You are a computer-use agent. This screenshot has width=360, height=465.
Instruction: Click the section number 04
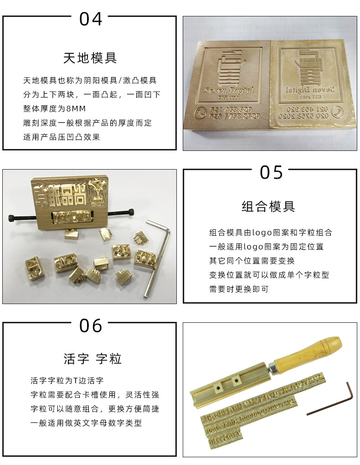[x=91, y=19]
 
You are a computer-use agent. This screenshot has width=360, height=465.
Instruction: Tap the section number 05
[x=272, y=172]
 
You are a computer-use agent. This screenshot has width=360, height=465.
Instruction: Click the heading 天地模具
[x=90, y=58]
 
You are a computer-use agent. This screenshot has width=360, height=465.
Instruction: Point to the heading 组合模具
[x=268, y=207]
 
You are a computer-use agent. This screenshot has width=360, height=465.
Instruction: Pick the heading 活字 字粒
[x=93, y=359]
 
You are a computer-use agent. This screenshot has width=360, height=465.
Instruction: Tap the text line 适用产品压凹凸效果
[x=62, y=137]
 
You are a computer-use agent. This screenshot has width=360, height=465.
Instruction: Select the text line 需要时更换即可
[x=239, y=289]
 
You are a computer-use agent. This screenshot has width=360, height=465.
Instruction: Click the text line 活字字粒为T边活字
[x=67, y=380]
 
